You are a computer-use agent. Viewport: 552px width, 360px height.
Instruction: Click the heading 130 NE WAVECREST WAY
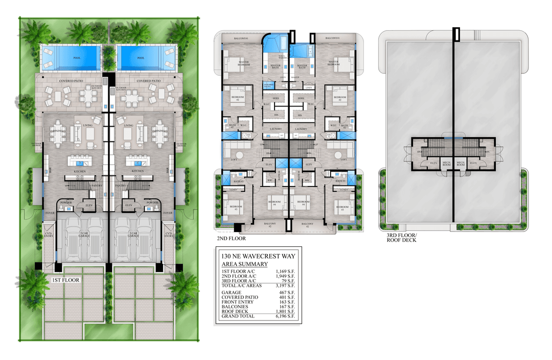tap(252, 256)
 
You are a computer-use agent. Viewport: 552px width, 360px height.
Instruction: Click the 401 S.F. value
tap(287, 297)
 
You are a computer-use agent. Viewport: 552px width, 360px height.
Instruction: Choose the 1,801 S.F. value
tap(285, 311)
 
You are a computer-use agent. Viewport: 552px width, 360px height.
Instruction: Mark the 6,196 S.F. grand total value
tap(285, 316)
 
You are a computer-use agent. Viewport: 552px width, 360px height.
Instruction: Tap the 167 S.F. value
tap(287, 307)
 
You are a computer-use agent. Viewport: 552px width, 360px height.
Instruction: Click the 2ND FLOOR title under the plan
tap(232, 239)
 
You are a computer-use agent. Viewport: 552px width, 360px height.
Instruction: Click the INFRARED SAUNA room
tap(269, 86)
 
